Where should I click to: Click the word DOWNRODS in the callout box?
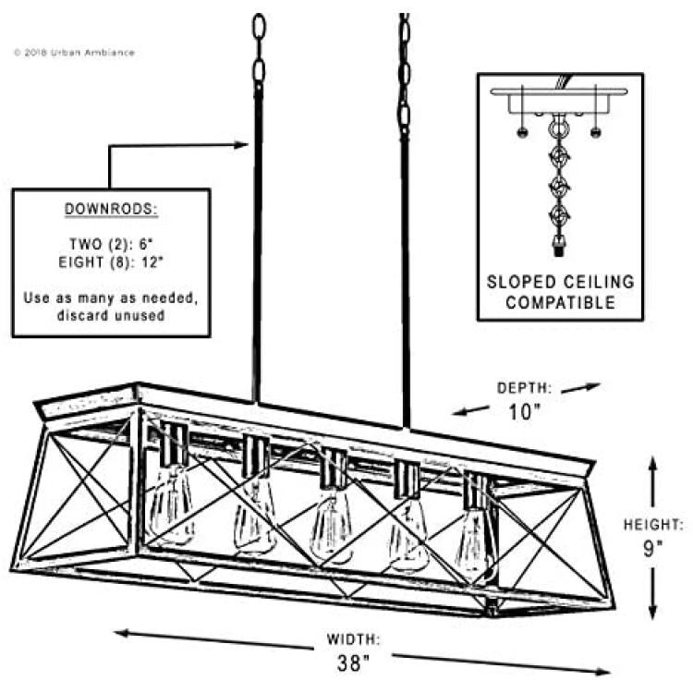[111, 209]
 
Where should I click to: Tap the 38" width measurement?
[353, 663]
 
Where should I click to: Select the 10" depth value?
[525, 412]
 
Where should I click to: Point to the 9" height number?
[652, 549]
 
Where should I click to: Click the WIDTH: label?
[353, 639]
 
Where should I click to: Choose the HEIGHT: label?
[653, 525]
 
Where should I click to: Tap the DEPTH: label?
[525, 387]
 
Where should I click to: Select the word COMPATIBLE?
[561, 303]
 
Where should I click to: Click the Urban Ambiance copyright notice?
[74, 53]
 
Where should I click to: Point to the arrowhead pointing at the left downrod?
[241, 144]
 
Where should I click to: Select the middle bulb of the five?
[332, 524]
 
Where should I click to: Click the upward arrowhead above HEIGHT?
[653, 464]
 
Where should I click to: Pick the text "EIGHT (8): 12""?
[111, 262]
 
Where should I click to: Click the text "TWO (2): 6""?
[111, 244]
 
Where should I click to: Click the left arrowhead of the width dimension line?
[122, 633]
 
